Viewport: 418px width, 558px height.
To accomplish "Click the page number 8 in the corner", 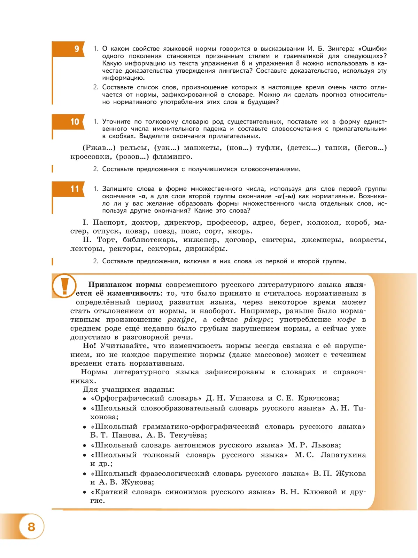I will click(x=31, y=527).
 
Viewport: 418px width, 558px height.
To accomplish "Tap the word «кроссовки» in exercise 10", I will click(x=91, y=157).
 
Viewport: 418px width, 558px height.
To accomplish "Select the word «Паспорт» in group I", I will click(x=108, y=222).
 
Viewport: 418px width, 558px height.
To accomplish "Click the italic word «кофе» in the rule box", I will click(x=347, y=320).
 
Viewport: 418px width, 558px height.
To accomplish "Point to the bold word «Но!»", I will click(x=89, y=346).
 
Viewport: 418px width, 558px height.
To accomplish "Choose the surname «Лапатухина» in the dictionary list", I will click(x=343, y=455).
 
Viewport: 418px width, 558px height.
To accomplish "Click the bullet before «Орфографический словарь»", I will click(x=85, y=399).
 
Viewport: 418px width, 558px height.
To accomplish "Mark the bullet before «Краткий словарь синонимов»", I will click(x=85, y=493).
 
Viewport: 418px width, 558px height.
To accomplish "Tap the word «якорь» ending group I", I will click(x=240, y=231).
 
